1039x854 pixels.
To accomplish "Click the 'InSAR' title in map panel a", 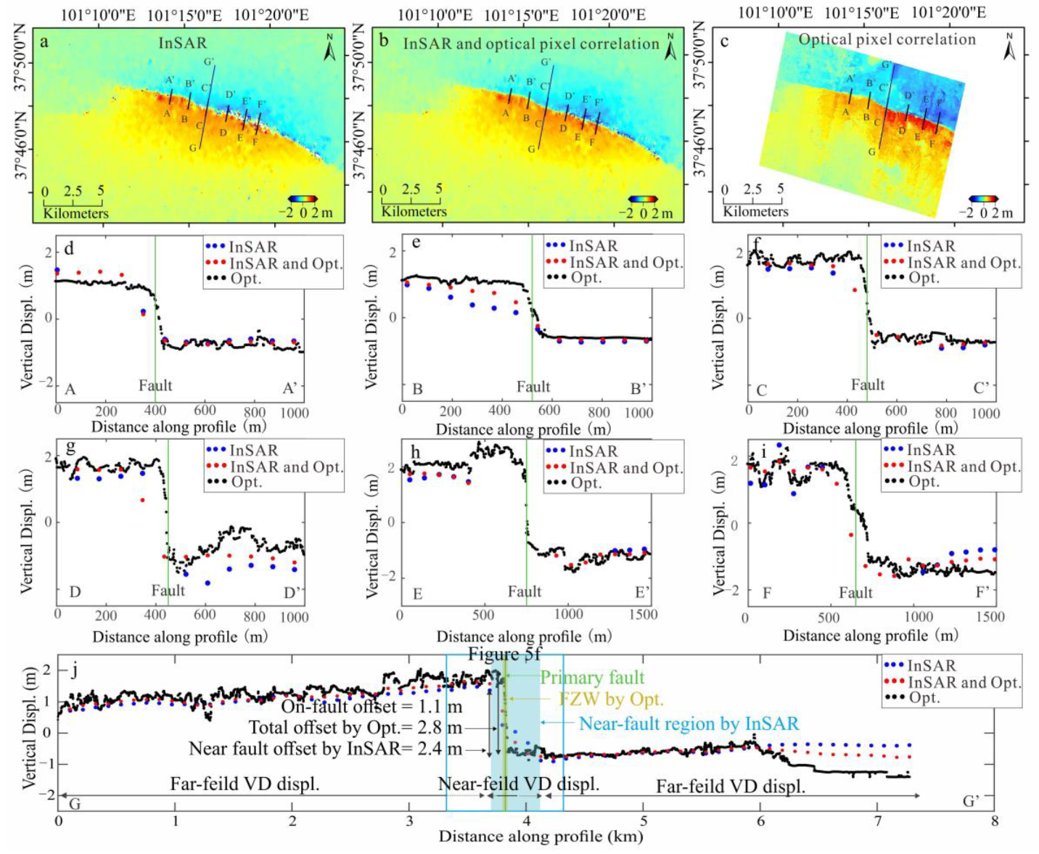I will [x=183, y=44].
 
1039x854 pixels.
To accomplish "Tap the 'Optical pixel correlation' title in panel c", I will [x=887, y=39].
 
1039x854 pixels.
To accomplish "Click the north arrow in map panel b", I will [x=671, y=46].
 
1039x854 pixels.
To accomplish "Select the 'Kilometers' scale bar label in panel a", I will [x=75, y=213].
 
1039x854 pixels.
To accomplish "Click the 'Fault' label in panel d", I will [x=155, y=385].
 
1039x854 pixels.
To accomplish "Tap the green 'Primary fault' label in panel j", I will [x=592, y=678].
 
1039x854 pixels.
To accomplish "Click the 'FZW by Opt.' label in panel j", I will [x=611, y=699].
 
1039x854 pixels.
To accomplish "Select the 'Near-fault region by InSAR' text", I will [x=689, y=723].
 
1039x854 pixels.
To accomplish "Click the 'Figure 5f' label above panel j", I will [x=504, y=654].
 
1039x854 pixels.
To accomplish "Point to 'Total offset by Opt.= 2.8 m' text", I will [x=356, y=727].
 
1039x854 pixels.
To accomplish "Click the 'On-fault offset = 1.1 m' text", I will [x=371, y=706].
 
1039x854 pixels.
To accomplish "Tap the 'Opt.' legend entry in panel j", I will [x=924, y=698].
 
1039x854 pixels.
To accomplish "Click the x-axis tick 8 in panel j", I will [x=994, y=821].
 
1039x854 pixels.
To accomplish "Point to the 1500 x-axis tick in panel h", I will [x=643, y=615].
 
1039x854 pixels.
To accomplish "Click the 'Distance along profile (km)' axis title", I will [x=541, y=837].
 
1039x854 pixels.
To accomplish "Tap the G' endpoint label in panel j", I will [x=971, y=801].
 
